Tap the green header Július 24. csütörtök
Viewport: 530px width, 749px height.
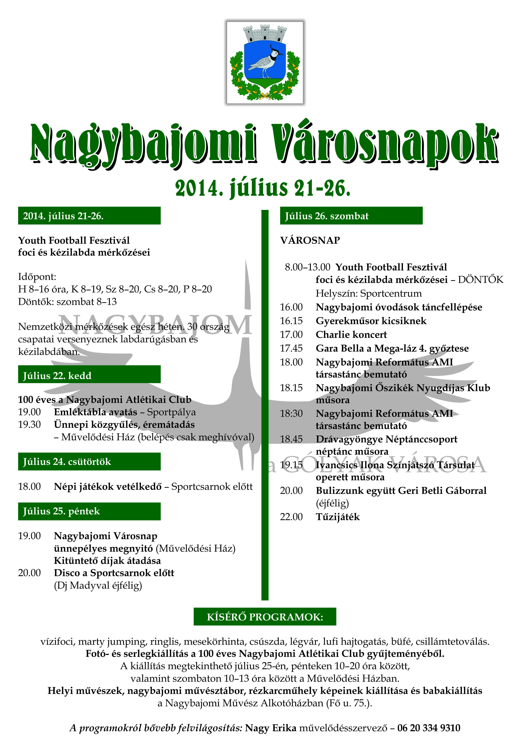(89, 462)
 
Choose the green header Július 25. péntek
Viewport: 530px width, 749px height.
(89, 511)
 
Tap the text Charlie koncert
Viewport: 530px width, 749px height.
(351, 335)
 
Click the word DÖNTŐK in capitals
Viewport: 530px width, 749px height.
(480, 280)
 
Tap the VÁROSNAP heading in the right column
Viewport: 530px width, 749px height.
(310, 240)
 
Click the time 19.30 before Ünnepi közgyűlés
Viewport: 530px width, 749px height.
(29, 425)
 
